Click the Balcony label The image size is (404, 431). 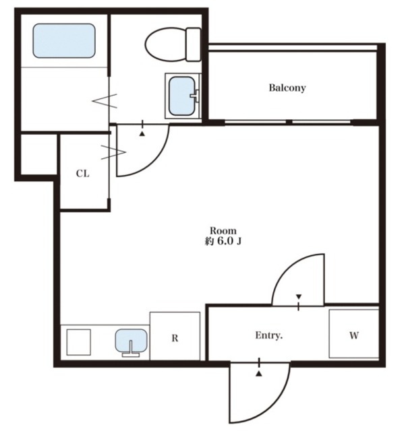click(x=287, y=88)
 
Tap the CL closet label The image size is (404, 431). click(x=82, y=174)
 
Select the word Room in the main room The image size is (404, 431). click(x=223, y=230)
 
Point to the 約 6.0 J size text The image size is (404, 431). click(x=223, y=241)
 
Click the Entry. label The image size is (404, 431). click(x=269, y=335)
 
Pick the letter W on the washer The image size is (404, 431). click(x=354, y=335)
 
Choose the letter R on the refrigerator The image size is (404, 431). click(x=175, y=338)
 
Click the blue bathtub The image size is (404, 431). click(x=64, y=40)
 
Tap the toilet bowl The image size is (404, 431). click(x=166, y=44)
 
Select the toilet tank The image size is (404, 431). click(x=193, y=44)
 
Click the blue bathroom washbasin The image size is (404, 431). click(x=182, y=96)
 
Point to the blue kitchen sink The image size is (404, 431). click(x=131, y=340)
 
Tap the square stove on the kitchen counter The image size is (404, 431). click(x=79, y=342)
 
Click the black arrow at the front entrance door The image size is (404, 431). click(x=259, y=374)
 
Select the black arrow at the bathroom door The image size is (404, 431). click(x=142, y=134)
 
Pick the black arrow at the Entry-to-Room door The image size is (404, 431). click(x=299, y=296)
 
